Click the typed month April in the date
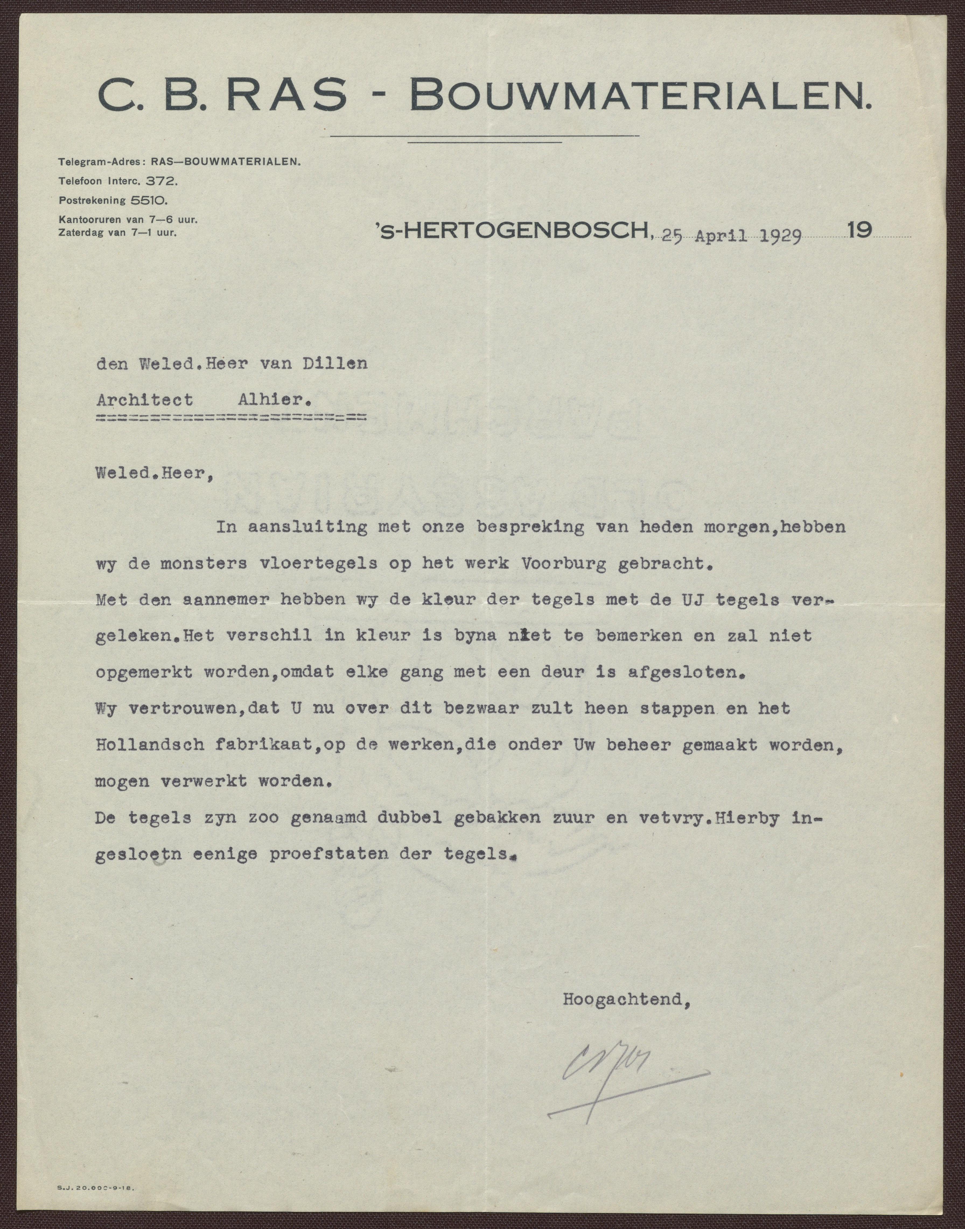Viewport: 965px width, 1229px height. point(722,237)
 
